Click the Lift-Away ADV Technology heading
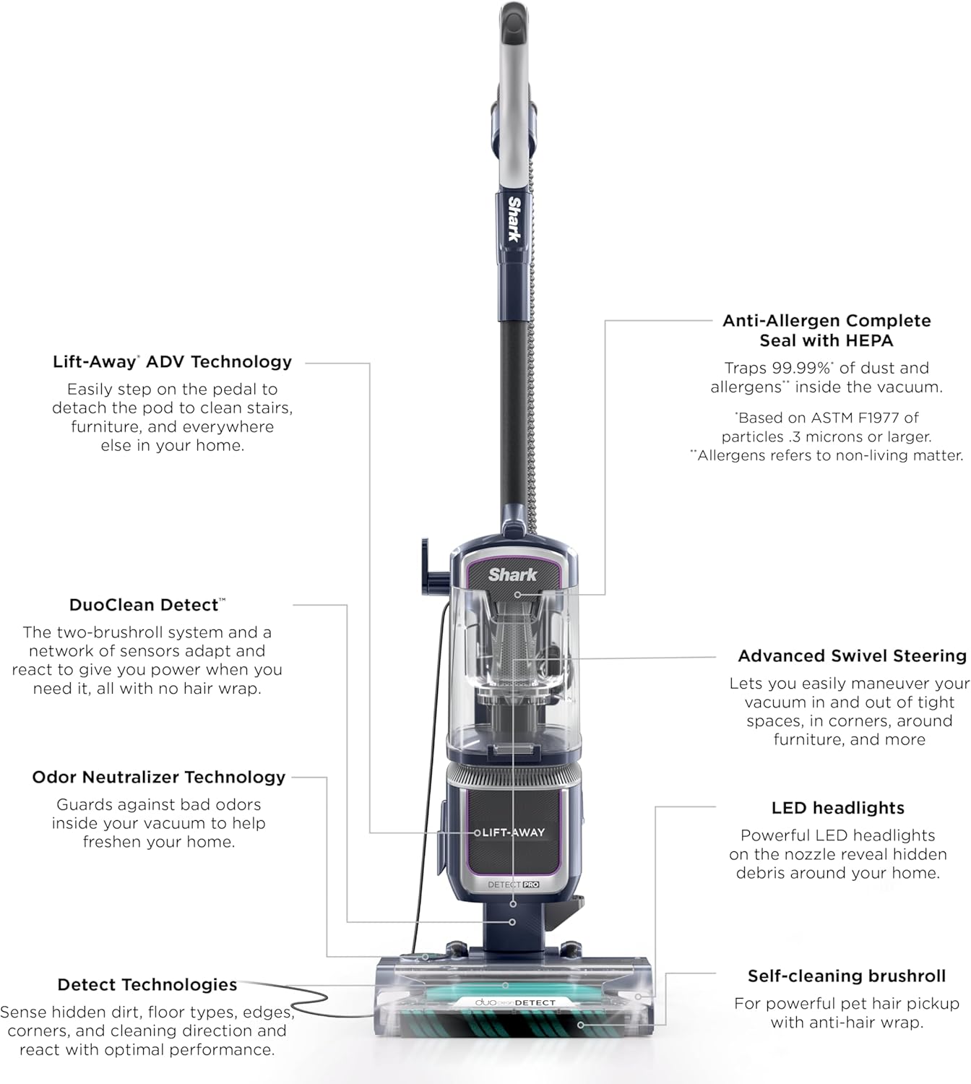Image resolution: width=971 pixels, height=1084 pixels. [x=172, y=362]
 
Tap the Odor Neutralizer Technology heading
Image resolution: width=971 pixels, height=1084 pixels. [x=159, y=778]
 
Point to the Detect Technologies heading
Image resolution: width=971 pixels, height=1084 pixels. [x=147, y=985]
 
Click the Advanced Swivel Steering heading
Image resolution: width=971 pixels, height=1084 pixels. [x=852, y=656]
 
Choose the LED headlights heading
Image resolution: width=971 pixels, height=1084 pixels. [x=837, y=808]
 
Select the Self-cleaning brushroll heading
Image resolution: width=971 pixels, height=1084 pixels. [x=846, y=976]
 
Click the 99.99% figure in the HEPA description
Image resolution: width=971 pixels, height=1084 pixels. [x=801, y=368]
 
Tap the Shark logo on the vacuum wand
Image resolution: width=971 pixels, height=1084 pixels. [x=514, y=218]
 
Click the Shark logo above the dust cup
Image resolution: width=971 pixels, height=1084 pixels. [x=512, y=575]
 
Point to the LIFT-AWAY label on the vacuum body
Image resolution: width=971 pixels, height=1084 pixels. [x=514, y=833]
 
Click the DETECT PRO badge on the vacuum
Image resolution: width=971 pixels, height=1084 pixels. [x=513, y=885]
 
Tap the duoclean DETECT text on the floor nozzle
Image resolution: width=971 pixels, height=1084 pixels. [x=515, y=1002]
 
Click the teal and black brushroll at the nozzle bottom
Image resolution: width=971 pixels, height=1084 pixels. [x=513, y=1025]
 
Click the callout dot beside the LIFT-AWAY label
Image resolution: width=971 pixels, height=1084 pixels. [x=477, y=833]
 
